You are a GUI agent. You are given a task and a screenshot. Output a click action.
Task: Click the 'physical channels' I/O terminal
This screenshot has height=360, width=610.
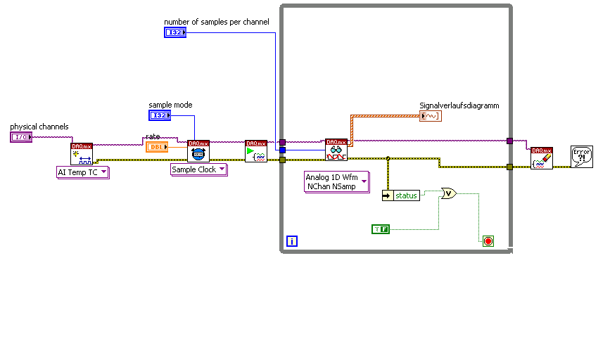21,137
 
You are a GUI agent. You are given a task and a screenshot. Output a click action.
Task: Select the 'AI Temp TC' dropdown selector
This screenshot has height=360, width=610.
82,172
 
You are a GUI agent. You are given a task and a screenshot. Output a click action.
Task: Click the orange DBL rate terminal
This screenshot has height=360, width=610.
156,147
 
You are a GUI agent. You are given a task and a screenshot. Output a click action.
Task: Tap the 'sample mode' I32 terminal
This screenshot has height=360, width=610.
160,115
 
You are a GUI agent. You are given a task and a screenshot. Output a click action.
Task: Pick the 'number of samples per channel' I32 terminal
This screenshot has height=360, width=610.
175,32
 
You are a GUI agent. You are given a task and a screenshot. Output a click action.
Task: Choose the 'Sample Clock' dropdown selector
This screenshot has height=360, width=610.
199,169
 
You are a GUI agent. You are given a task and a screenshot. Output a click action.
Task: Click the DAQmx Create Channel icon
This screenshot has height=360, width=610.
82,153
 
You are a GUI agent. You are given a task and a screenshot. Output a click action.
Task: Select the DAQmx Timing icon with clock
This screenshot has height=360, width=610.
198,151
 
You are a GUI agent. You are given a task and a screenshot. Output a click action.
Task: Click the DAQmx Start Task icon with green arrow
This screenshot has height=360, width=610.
256,151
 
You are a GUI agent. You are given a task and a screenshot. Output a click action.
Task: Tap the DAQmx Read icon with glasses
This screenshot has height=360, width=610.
336,150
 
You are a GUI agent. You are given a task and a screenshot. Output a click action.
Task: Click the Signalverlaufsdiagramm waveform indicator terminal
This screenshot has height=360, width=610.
430,116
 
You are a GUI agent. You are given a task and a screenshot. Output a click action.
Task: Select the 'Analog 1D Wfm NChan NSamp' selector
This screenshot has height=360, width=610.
337,181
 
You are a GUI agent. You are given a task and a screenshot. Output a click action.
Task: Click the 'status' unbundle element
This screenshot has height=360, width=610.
401,195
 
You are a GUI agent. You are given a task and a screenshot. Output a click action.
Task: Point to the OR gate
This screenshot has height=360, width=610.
448,193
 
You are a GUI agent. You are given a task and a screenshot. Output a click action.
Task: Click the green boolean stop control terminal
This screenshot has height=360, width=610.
380,229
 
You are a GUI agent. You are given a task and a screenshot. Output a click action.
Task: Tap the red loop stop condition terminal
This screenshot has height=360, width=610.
488,241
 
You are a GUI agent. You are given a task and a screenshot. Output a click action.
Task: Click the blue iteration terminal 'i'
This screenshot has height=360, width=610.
292,242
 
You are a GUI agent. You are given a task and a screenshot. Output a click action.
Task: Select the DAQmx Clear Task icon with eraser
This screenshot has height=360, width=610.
542,158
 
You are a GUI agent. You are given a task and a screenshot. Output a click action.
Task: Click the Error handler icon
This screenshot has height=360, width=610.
581,157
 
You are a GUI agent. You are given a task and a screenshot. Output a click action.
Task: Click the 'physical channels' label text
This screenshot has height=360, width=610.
39,127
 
